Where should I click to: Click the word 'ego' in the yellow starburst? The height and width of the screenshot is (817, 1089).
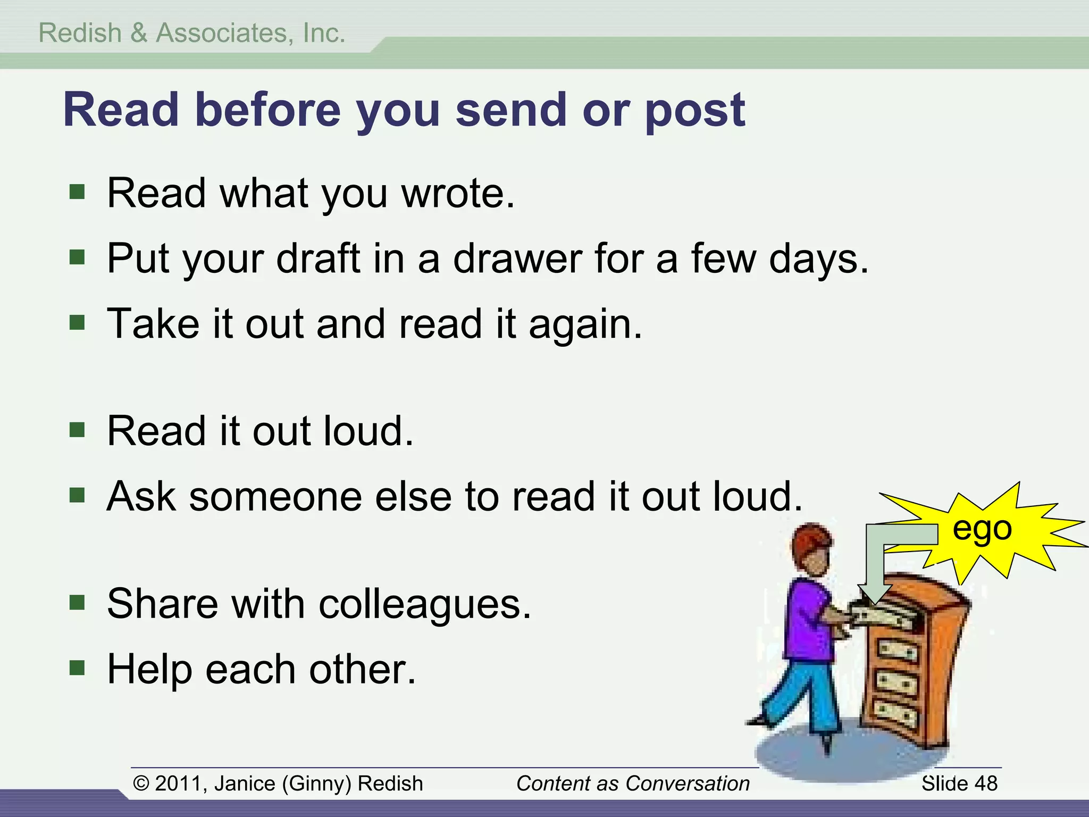(x=982, y=529)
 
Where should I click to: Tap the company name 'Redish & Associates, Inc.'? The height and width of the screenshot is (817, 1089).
(x=192, y=33)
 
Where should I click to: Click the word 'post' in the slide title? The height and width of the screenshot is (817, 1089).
(x=695, y=110)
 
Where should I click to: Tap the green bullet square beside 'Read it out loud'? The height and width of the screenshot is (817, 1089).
(x=77, y=429)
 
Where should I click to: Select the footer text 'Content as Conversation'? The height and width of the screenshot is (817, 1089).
(x=633, y=783)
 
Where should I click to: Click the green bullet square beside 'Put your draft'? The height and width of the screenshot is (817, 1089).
(x=77, y=258)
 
